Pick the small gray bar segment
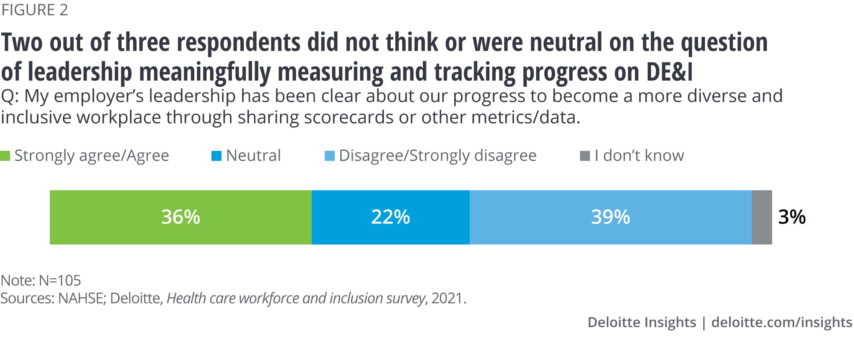[x=762, y=217]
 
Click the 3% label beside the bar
[x=792, y=217]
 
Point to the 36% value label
[x=180, y=217]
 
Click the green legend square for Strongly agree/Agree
[x=5, y=156]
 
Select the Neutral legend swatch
[x=216, y=156]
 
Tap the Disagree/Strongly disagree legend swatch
[x=330, y=156]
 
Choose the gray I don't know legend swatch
[x=585, y=156]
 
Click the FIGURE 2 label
[x=35, y=10]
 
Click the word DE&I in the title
[x=669, y=72]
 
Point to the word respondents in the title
[x=238, y=43]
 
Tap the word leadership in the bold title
[x=80, y=72]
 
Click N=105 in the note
[x=60, y=281]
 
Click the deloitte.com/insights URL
[x=781, y=322]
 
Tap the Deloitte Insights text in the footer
[x=641, y=322]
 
